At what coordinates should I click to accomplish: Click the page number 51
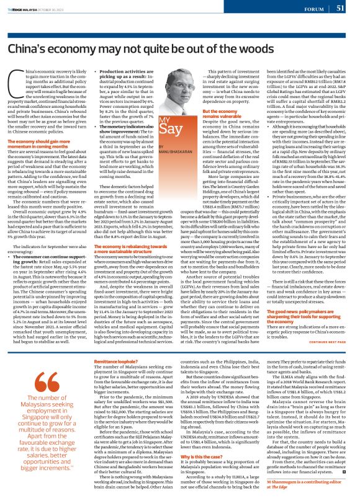point(340,7)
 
